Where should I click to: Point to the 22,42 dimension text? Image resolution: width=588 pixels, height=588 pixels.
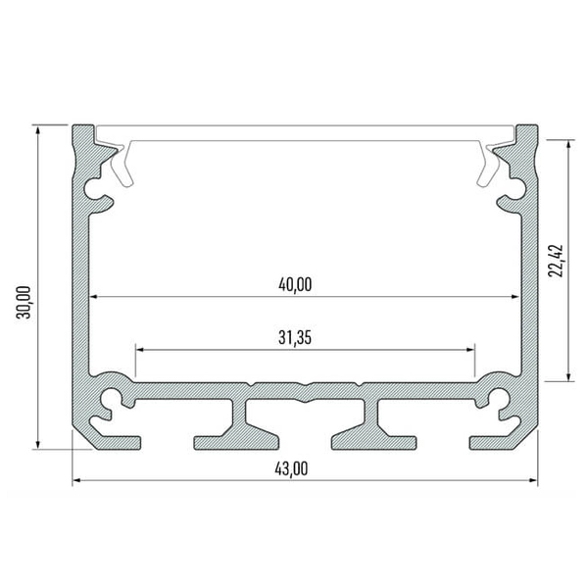[x=556, y=260]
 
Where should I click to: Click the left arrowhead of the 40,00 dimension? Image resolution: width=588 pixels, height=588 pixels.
[x=95, y=296]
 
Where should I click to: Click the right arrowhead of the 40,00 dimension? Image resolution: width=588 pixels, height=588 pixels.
[x=514, y=296]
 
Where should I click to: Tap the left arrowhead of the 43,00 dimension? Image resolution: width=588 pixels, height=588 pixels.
[x=77, y=481]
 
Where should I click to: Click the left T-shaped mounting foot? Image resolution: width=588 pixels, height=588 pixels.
[x=235, y=426]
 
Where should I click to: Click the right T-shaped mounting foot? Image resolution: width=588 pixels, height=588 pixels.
[x=374, y=426]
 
